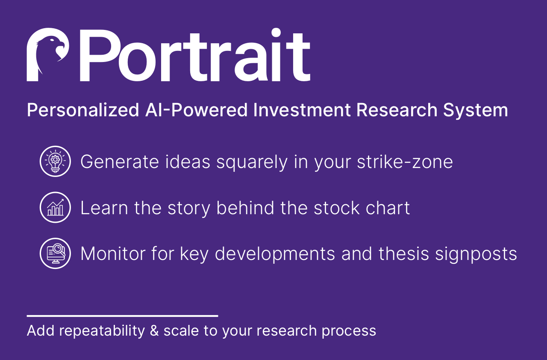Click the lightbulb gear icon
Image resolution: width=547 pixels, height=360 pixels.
pos(55,161)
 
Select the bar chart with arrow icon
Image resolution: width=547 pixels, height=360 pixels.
pos(55,207)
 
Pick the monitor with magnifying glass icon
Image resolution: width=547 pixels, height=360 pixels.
pos(55,254)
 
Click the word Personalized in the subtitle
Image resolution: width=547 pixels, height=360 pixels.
pos(83,110)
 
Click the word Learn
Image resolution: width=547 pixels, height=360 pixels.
pos(104,208)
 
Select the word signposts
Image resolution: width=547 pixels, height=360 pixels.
pos(476,254)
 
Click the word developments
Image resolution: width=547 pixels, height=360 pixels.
pos(275,254)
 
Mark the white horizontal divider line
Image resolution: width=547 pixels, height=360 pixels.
pos(122,316)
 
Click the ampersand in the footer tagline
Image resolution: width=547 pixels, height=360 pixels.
pos(154,331)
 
